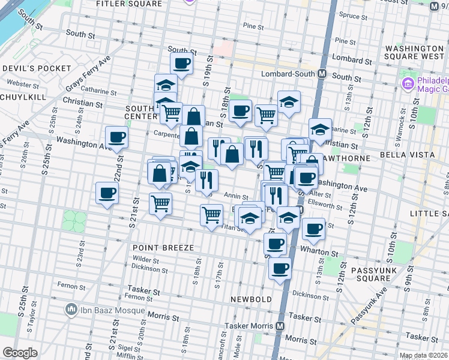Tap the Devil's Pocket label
click(x=37, y=68)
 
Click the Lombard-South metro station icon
click(x=322, y=73)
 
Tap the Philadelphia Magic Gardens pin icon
click(x=409, y=83)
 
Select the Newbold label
click(x=252, y=298)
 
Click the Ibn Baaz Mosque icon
click(x=71, y=310)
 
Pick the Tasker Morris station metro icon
click(x=280, y=326)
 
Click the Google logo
click(x=20, y=353)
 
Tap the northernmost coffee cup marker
click(x=181, y=62)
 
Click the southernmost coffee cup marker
click(x=280, y=268)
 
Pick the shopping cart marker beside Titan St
click(x=211, y=214)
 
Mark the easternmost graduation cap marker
click(x=320, y=128)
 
